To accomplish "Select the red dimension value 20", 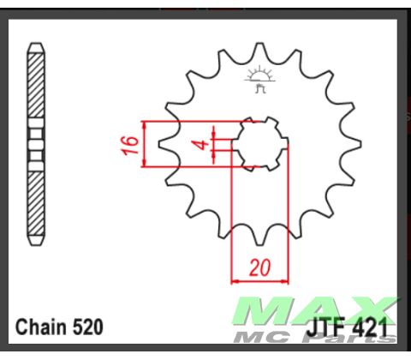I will pos(259,267).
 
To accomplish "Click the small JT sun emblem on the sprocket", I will pos(259,78).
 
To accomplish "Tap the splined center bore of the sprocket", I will pos(259,143).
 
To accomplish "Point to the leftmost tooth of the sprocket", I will pos(166,143).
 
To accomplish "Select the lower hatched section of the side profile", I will pos(35,201).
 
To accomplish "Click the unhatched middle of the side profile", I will pos(35,142).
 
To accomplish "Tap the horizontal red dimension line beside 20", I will pos(259,279).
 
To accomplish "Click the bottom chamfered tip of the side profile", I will pos(35,239).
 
